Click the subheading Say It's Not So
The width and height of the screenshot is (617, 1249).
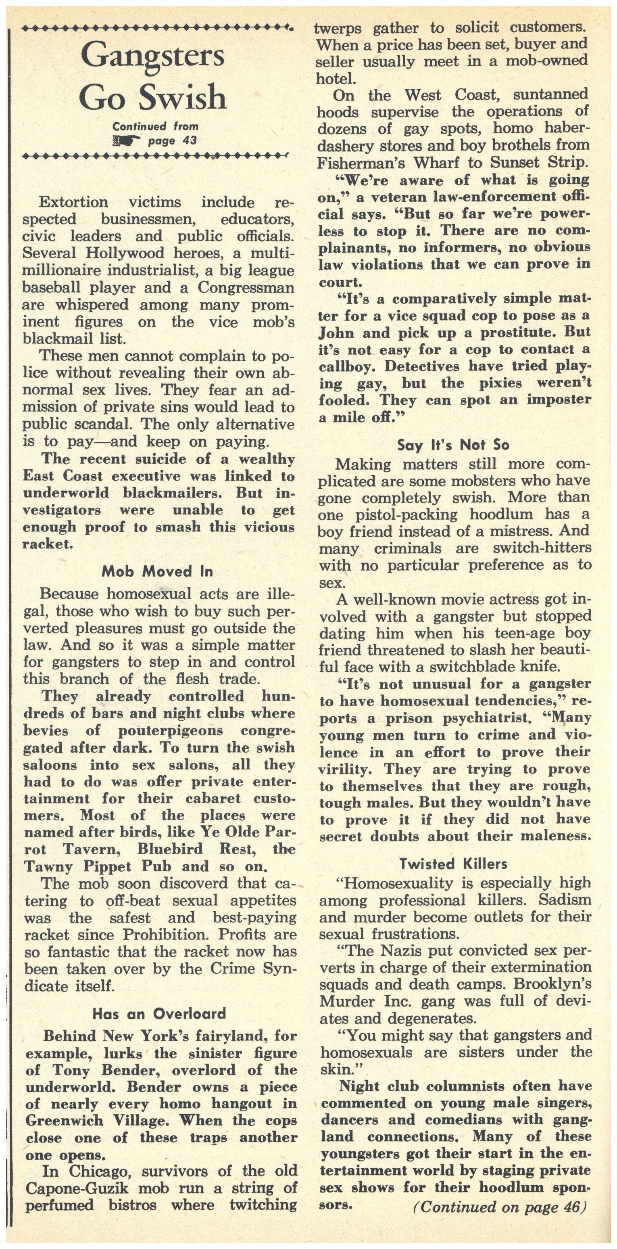453,445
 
